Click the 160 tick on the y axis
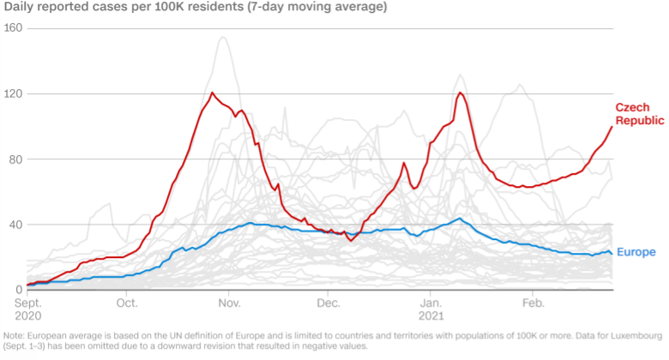(14, 28)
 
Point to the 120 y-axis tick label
(14, 93)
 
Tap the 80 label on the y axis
(16, 159)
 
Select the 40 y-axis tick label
(16, 225)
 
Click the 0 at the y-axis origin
(19, 290)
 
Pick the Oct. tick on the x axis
(127, 303)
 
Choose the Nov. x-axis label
(229, 303)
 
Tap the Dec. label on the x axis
(328, 303)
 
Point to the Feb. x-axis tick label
(533, 303)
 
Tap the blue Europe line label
(636, 252)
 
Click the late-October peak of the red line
(212, 93)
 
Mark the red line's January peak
(461, 93)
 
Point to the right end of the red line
(612, 127)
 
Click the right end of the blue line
(612, 253)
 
